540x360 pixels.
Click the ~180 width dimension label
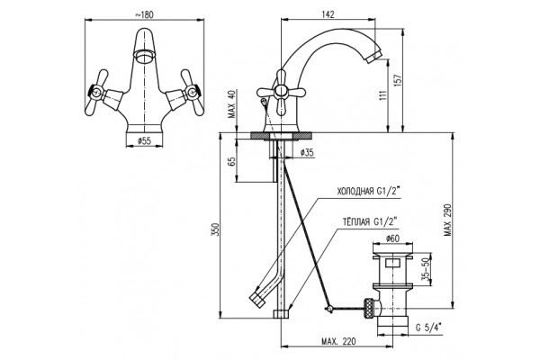(144, 14)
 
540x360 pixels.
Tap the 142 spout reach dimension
(328, 14)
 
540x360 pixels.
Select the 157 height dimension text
(399, 81)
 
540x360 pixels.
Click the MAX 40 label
(232, 104)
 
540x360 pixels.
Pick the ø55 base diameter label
(144, 141)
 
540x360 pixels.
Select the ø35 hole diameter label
(307, 153)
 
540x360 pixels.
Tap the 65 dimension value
(232, 161)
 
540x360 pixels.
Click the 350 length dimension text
(215, 229)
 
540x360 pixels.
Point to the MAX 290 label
(447, 220)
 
